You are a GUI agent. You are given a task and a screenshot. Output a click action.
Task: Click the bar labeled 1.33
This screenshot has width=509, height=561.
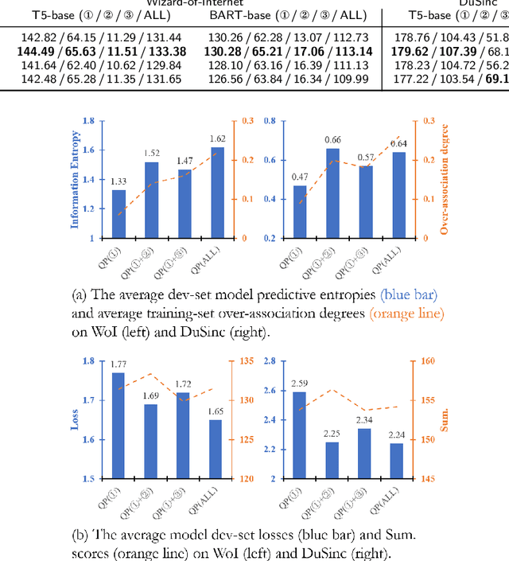click(119, 213)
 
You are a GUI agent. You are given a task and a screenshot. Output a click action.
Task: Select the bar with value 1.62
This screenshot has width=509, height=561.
click(217, 193)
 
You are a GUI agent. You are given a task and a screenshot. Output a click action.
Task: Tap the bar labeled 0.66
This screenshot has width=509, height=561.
click(333, 193)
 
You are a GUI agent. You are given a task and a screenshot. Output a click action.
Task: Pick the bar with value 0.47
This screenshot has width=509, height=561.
click(300, 212)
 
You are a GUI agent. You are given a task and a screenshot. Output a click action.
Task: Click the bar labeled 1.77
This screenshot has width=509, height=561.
click(119, 426)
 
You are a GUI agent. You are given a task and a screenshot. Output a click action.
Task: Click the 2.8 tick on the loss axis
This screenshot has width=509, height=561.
click(269, 361)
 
